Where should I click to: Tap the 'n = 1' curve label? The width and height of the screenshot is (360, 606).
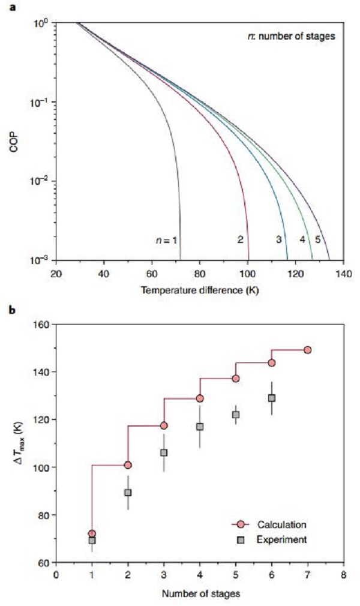click(166, 241)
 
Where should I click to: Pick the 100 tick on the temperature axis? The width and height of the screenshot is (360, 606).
click(247, 274)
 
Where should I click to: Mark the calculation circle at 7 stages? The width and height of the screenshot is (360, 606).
click(308, 350)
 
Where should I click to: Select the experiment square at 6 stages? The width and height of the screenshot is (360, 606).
click(272, 398)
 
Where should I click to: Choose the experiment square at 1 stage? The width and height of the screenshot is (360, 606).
click(92, 541)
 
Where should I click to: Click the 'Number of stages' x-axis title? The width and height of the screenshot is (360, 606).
click(199, 595)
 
